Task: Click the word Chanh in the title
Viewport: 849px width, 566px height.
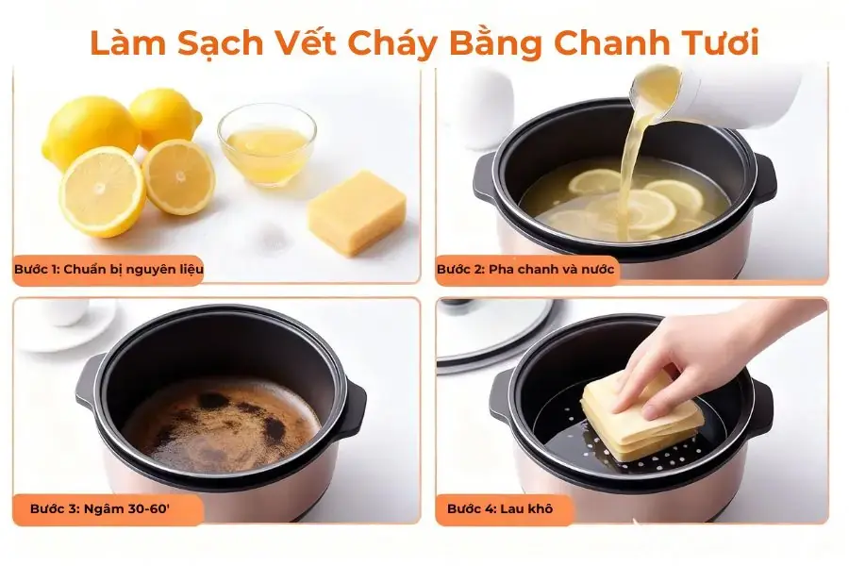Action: coord(612,43)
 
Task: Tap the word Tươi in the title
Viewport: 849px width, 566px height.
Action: coord(722,43)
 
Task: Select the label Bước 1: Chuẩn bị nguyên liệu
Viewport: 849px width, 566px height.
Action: coord(108,269)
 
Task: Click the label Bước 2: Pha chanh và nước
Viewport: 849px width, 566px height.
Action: coord(525,269)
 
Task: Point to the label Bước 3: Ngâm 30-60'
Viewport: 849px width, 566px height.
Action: coord(100,508)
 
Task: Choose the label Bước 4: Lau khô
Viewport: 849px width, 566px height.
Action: coord(500,508)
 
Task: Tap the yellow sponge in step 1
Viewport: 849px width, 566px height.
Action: coord(358,211)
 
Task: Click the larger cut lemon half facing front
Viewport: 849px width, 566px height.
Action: coord(102,191)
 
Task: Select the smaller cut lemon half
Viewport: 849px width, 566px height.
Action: coord(178,176)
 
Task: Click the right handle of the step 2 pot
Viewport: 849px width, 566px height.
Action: coord(763,178)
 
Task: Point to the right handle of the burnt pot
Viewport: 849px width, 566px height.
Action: coord(352,407)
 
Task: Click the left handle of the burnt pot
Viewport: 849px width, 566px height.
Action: coord(87,382)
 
